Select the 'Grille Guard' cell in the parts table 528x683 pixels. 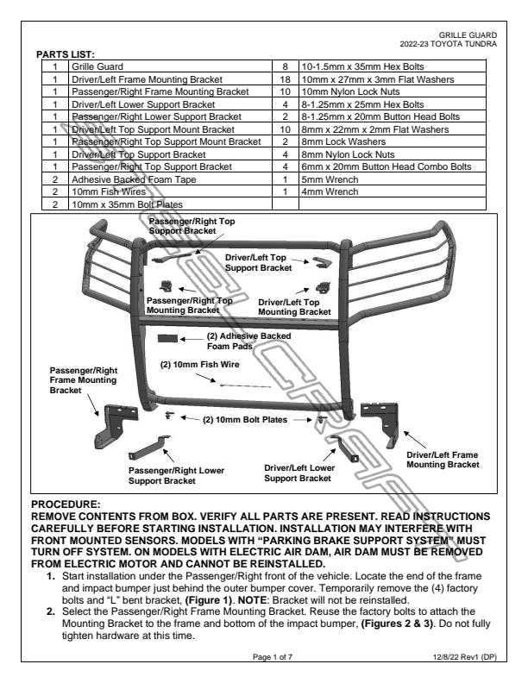pos(97,66)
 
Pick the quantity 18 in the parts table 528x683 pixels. pos(285,78)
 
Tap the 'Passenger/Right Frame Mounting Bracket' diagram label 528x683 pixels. pos(79,379)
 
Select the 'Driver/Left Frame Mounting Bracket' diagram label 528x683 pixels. pos(443,459)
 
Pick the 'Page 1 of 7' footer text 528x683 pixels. pos(273,656)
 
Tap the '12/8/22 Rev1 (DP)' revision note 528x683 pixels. pos(465,656)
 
